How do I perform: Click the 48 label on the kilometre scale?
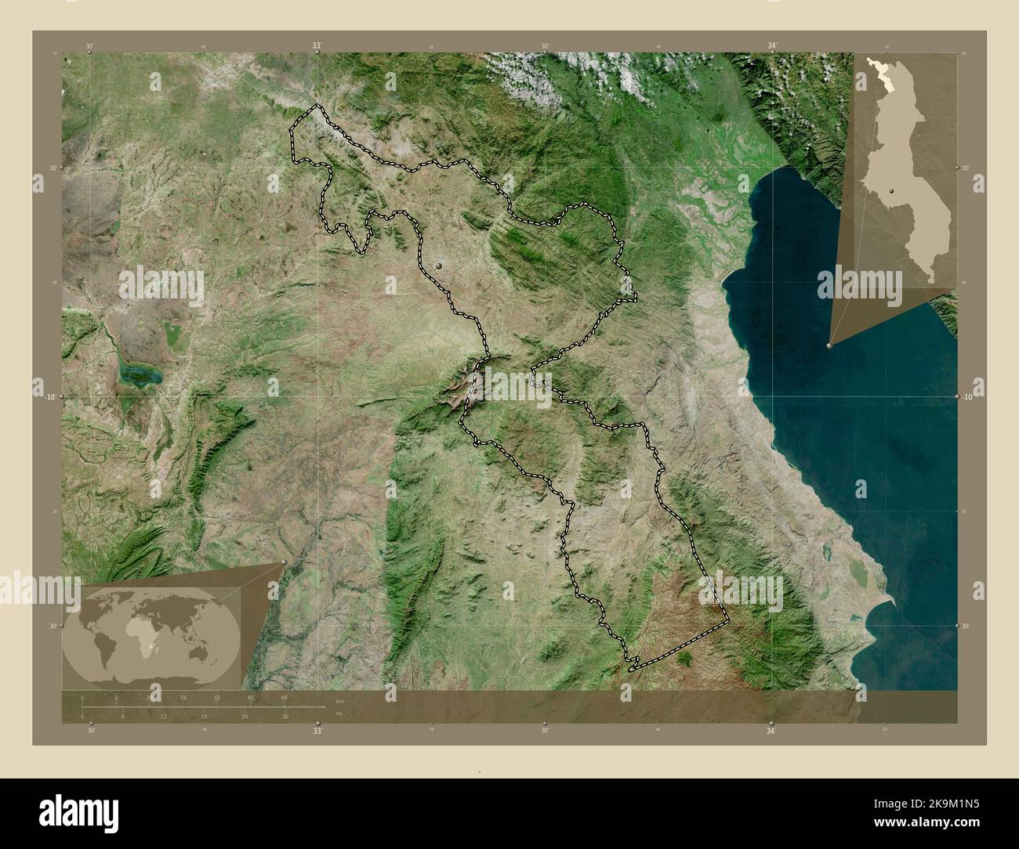tap(284, 697)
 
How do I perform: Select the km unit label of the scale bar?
tap(339, 701)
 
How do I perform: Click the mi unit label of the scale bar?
tap(338, 714)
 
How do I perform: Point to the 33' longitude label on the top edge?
tap(317, 46)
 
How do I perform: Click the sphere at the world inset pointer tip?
tap(284, 562)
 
